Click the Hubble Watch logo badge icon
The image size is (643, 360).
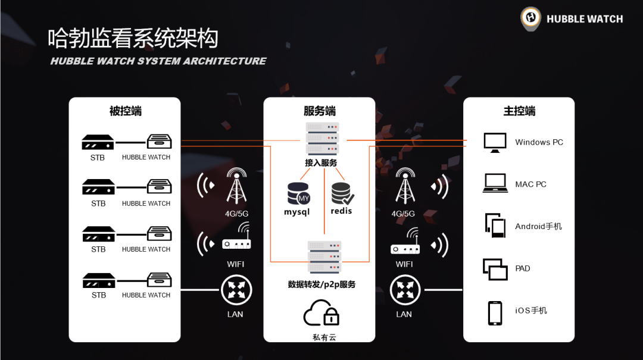pyautogui.click(x=530, y=18)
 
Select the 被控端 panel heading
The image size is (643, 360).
pyautogui.click(x=125, y=111)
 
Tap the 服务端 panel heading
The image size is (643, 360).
pyautogui.click(x=319, y=111)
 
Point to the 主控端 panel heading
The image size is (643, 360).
pyautogui.click(x=519, y=111)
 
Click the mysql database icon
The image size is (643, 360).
pyautogui.click(x=298, y=193)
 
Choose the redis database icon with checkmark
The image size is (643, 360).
pyautogui.click(x=342, y=193)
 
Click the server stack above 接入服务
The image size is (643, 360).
pyautogui.click(x=321, y=139)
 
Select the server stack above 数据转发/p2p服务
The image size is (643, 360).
pyautogui.click(x=324, y=257)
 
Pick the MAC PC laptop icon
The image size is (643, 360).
pyautogui.click(x=495, y=183)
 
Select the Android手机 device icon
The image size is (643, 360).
pyautogui.click(x=495, y=225)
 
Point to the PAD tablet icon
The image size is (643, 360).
pyautogui.click(x=495, y=269)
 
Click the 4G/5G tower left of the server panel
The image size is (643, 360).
pyautogui.click(x=236, y=186)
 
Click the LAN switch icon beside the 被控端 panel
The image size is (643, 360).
pyautogui.click(x=236, y=291)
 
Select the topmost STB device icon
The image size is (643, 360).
pyautogui.click(x=98, y=143)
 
